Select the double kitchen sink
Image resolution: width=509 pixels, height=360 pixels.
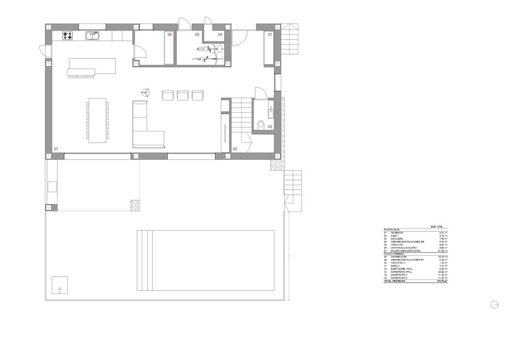[x=91, y=35]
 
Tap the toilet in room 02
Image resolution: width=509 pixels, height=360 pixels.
[x=261, y=125]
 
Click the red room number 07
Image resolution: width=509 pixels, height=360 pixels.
[x=56, y=149]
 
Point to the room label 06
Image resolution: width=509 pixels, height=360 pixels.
[x=170, y=34]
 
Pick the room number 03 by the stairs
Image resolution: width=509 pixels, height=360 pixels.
[x=235, y=149]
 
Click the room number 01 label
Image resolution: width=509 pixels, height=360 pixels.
[x=270, y=34]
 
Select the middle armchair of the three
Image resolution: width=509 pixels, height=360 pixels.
[x=182, y=95]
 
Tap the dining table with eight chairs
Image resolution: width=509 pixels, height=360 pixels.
[x=97, y=120]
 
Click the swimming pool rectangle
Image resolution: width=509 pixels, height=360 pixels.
[x=205, y=260]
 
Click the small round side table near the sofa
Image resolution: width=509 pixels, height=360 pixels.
[x=146, y=92]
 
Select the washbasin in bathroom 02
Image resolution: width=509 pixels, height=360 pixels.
[x=271, y=112]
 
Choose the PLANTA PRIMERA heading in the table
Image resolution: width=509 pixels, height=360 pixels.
[x=394, y=254]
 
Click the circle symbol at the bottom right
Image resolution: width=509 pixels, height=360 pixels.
[x=494, y=304]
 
